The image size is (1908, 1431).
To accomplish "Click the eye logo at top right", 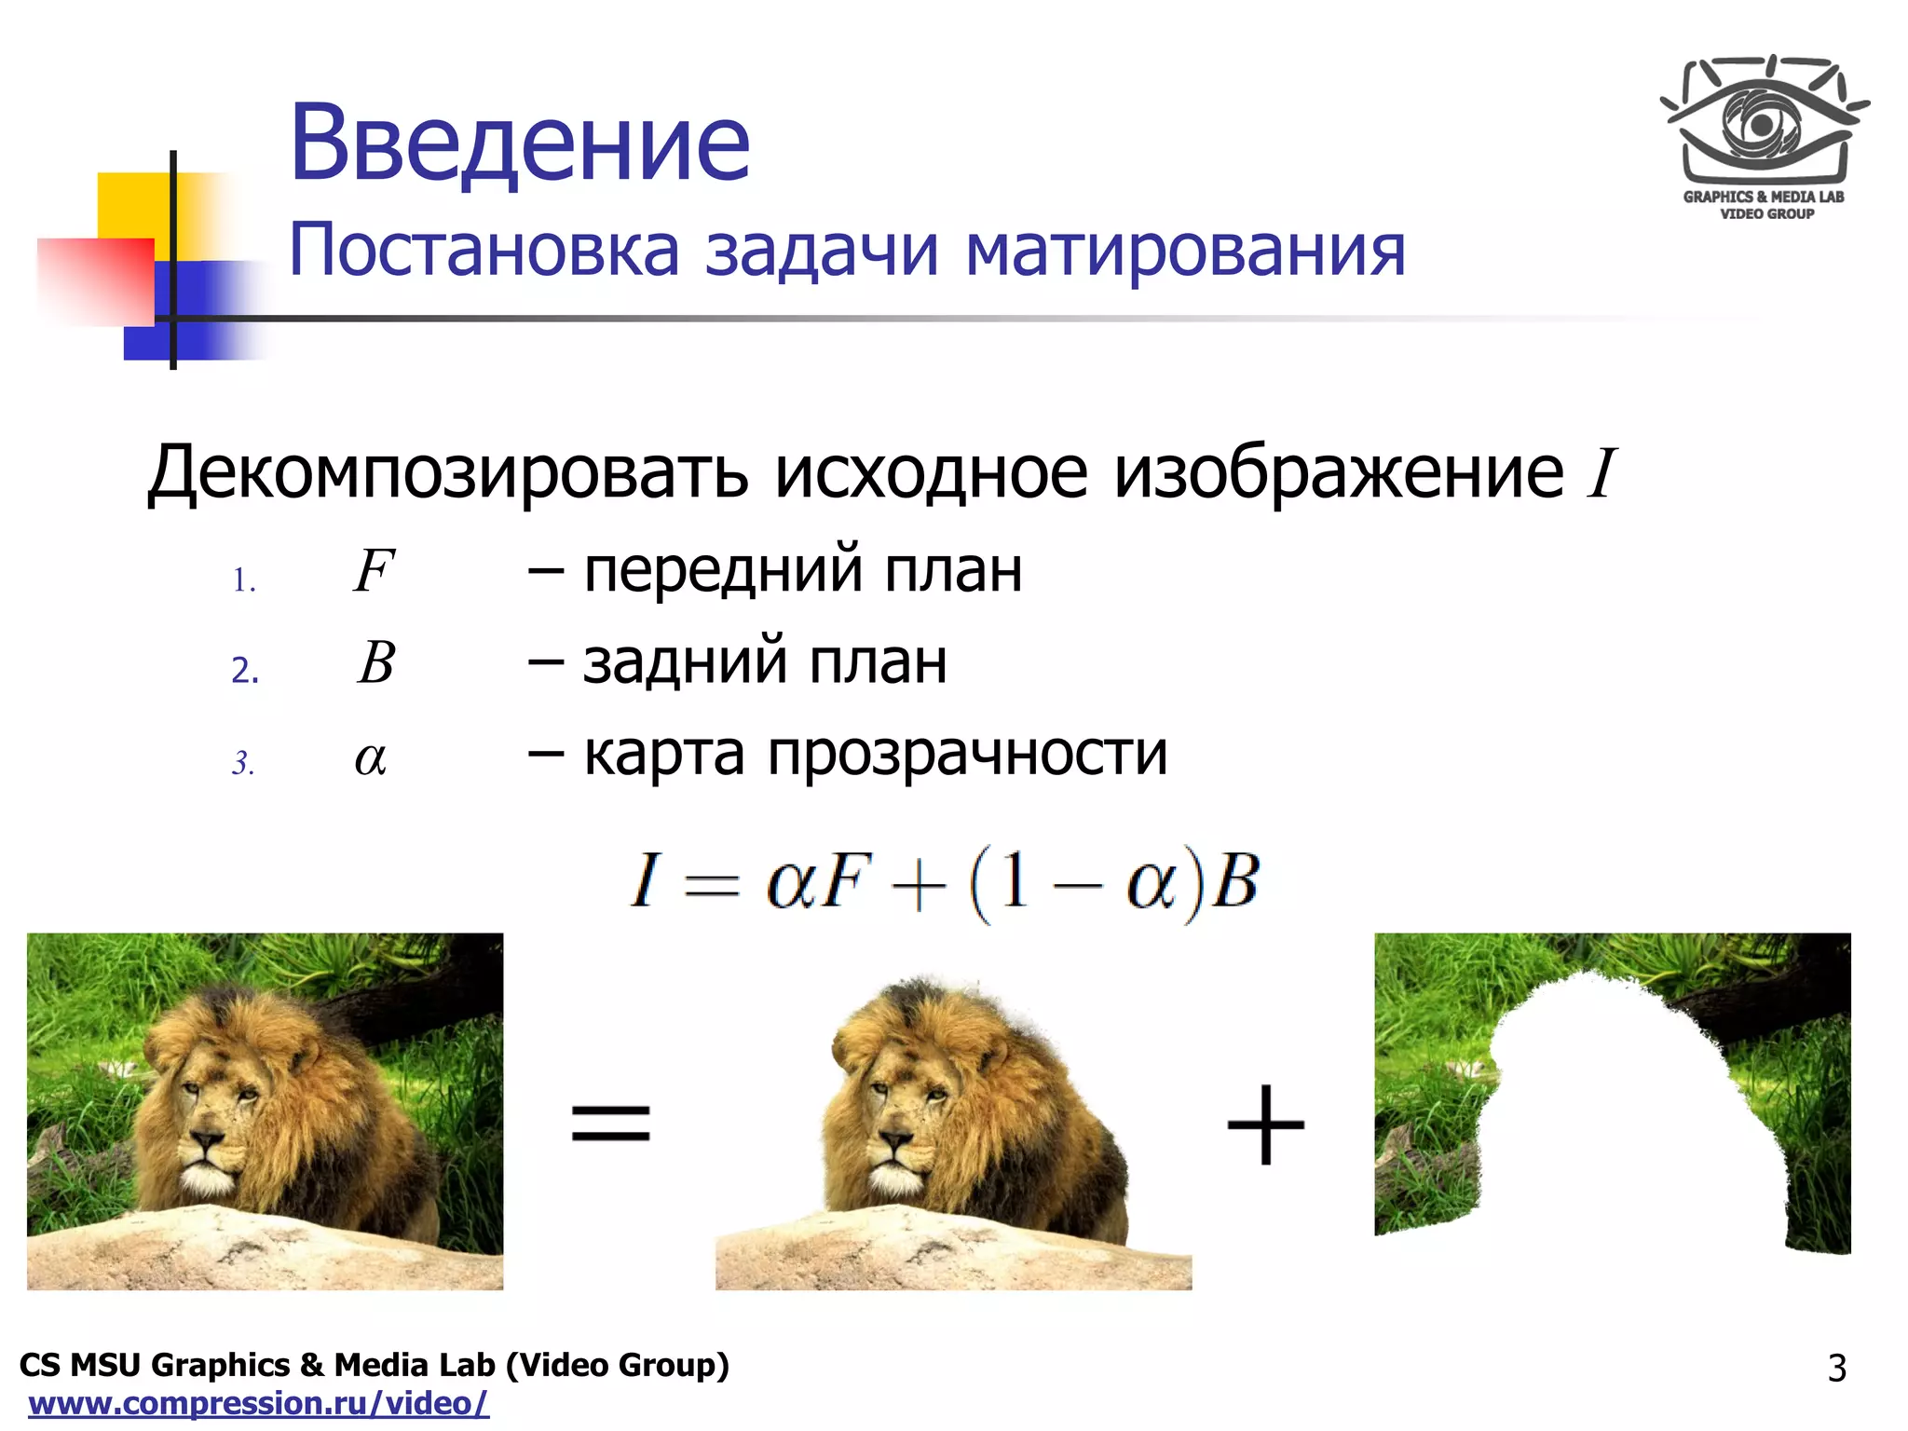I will (x=1763, y=126).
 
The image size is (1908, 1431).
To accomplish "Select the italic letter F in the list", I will (x=374, y=570).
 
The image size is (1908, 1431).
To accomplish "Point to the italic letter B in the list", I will (x=376, y=662).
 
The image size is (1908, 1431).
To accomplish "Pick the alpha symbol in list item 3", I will (x=370, y=758).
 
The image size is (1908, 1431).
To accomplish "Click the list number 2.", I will (x=244, y=670).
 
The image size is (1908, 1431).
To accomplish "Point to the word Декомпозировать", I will (x=447, y=473).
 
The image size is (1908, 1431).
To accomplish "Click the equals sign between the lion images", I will (x=610, y=1122).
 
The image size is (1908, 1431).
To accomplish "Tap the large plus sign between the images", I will (x=1265, y=1124).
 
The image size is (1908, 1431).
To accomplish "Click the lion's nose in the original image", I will (x=207, y=1140).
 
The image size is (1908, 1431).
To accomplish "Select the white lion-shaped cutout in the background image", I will (x=1621, y=1118).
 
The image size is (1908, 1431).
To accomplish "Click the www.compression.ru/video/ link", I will (x=258, y=1403).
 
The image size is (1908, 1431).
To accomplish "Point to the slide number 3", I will (x=1836, y=1368).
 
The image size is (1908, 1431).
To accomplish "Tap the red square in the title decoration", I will (x=95, y=281).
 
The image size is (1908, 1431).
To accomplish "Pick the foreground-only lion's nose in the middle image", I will (x=895, y=1140).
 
